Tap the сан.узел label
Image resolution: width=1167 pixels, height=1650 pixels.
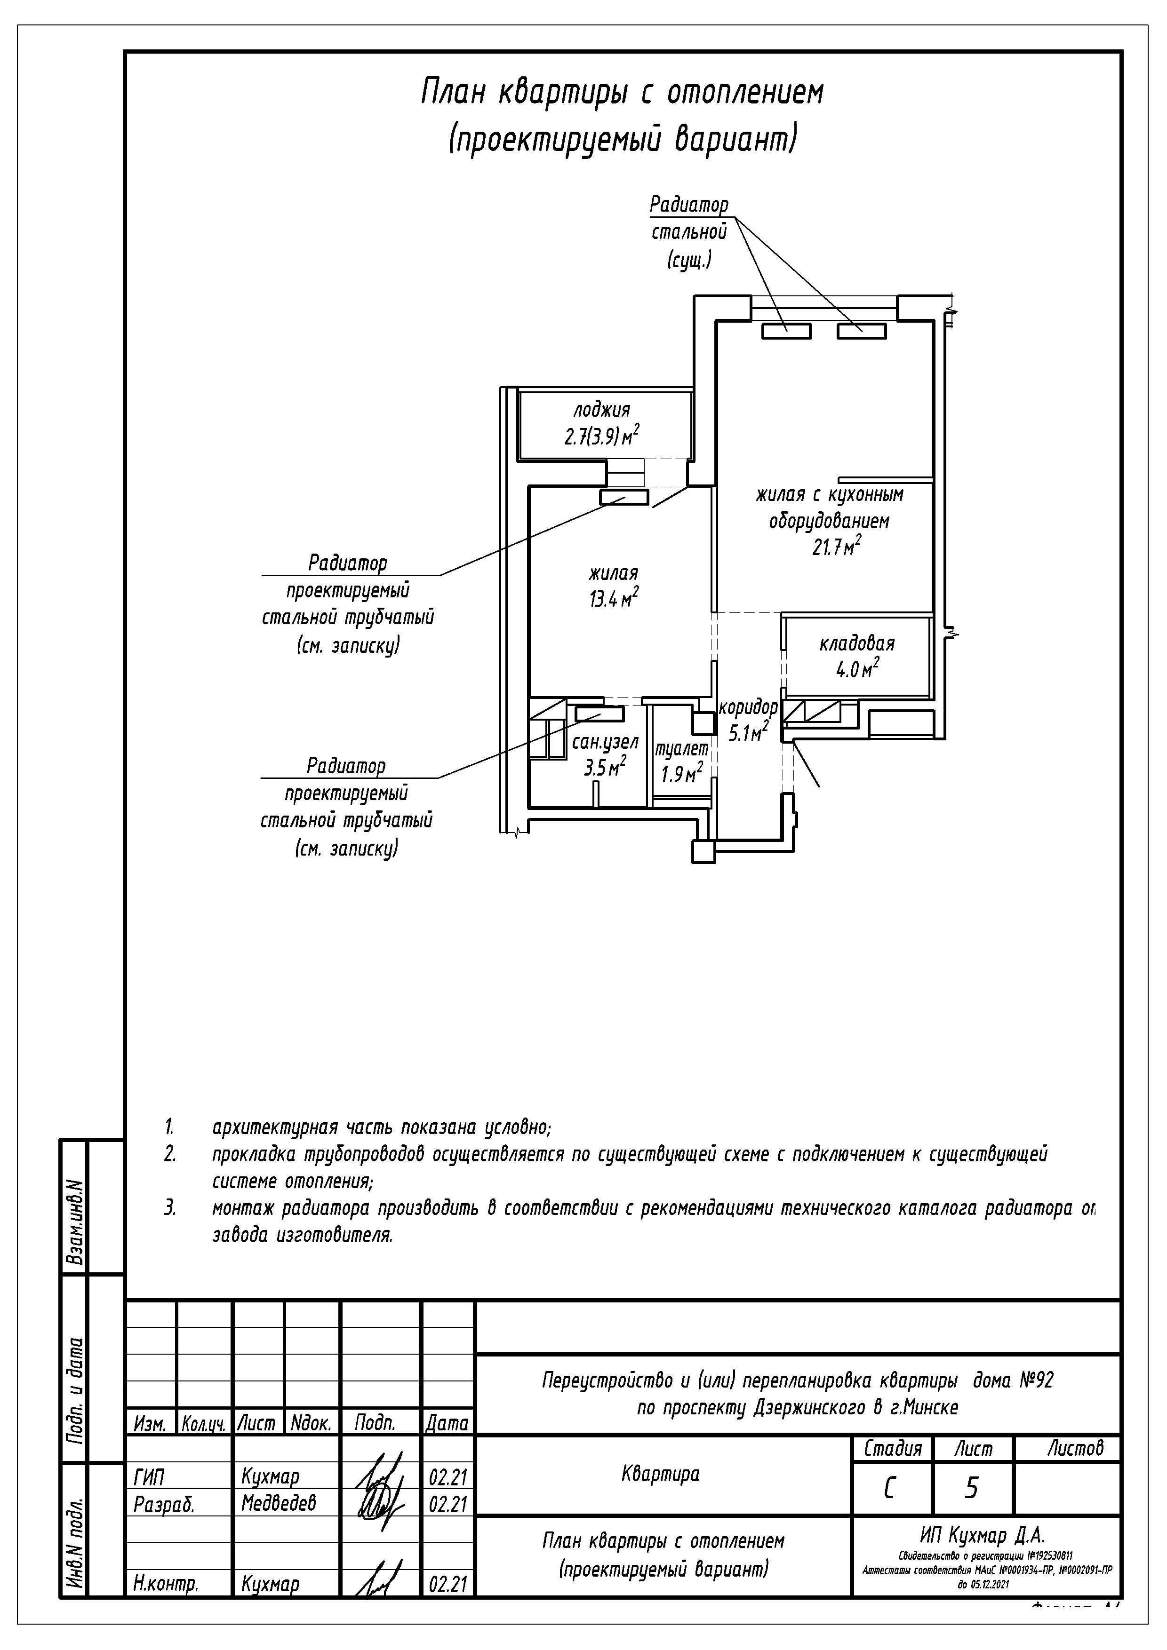click(x=605, y=742)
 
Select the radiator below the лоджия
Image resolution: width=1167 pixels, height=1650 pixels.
click(x=624, y=497)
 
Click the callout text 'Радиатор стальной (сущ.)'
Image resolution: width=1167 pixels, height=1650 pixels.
click(x=689, y=232)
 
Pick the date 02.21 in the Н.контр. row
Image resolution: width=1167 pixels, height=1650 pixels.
click(x=448, y=1584)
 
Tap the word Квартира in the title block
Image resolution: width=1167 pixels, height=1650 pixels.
click(x=660, y=1475)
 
